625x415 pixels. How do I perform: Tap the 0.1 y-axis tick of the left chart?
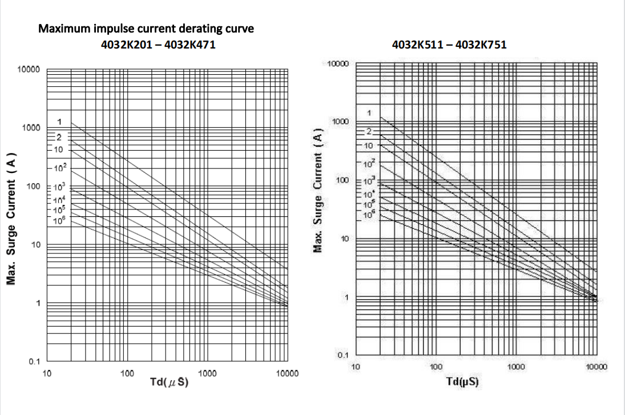tap(34, 362)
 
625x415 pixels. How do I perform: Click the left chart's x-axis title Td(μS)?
tap(169, 382)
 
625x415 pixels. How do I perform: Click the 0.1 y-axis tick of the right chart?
tap(342, 356)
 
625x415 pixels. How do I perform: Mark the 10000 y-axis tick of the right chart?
tap(338, 62)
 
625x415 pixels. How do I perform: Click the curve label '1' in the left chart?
tap(59, 122)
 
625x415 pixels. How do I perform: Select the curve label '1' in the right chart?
tap(369, 113)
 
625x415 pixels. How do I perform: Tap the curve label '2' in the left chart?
tap(58, 137)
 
